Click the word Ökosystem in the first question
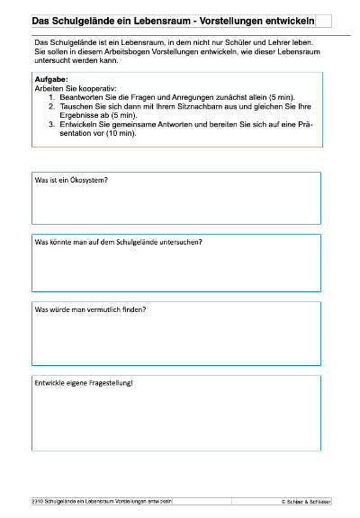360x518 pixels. pyautogui.click(x=88, y=206)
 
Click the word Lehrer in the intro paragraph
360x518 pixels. pyautogui.click(x=267, y=42)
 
